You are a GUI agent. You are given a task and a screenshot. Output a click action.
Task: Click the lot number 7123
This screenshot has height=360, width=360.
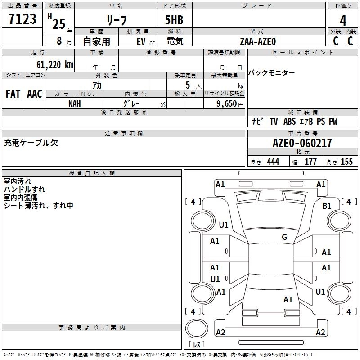point(22,19)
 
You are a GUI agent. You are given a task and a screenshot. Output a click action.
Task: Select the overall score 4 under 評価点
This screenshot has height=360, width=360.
point(343,21)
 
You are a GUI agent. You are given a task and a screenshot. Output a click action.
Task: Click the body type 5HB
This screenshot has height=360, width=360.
point(175,20)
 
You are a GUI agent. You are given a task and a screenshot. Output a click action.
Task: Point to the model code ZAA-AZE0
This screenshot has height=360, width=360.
point(258,41)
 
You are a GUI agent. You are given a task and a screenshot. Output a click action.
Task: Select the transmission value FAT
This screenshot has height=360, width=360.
point(13,94)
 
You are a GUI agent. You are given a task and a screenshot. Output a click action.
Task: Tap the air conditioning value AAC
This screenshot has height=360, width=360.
point(35,94)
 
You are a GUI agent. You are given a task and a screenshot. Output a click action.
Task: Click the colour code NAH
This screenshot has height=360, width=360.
point(75,103)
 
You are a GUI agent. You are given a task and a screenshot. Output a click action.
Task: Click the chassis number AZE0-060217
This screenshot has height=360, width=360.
point(302,143)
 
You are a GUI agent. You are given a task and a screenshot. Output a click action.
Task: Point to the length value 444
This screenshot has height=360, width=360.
point(273,162)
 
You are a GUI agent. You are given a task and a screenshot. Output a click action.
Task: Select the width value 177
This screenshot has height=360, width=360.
point(310,162)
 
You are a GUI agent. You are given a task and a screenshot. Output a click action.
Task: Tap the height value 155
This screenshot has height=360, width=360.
point(346,162)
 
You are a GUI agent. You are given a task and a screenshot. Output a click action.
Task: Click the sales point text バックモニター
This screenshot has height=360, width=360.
point(272,73)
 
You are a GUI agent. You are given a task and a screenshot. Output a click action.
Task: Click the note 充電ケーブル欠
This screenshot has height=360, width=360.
point(31,143)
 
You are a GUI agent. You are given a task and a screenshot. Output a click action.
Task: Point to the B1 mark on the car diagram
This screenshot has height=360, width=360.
point(327,206)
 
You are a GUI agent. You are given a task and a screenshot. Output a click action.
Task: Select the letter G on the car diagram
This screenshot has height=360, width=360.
point(284,237)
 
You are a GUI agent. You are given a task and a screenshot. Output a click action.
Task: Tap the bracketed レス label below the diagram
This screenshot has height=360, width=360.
point(197,344)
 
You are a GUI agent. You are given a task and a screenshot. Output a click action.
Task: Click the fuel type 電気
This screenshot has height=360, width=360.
point(175,41)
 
